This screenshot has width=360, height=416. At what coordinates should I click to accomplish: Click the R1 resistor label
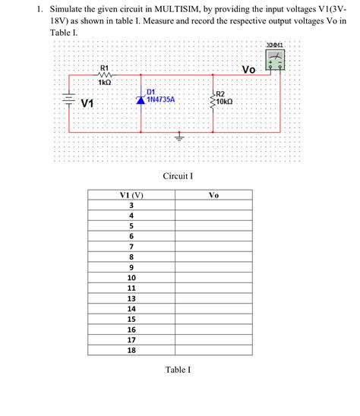point(105,68)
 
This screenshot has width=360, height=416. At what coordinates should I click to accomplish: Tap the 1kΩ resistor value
point(105,82)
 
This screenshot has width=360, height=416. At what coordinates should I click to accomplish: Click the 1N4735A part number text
point(161,99)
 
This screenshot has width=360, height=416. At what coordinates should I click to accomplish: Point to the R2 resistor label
point(221,93)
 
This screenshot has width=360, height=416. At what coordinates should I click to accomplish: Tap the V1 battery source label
point(88,102)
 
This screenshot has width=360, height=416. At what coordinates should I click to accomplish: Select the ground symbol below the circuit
point(179,138)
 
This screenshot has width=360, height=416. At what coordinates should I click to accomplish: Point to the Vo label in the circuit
point(248,70)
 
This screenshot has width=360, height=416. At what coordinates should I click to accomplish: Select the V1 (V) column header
point(131,195)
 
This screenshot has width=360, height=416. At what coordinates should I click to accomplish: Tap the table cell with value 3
point(131,206)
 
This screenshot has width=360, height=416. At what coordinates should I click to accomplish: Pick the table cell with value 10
point(131,278)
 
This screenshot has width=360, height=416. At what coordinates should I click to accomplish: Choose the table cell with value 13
point(131,299)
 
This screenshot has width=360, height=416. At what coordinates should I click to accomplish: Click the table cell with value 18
point(131,351)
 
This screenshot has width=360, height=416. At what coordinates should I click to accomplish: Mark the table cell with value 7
point(131,247)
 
